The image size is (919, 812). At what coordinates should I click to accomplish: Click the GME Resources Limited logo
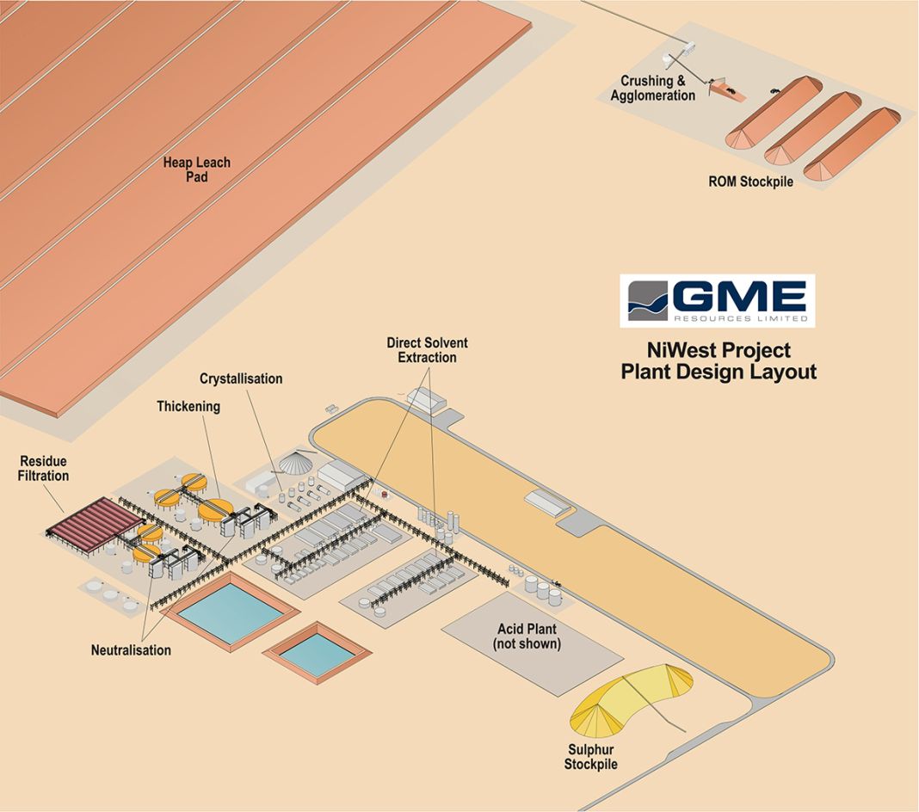click(718, 301)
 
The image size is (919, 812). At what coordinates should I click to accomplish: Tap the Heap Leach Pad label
click(197, 169)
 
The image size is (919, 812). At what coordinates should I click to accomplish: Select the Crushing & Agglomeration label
click(653, 89)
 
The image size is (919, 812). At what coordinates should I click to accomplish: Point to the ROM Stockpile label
click(750, 182)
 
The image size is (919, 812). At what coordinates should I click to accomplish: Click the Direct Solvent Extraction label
click(427, 350)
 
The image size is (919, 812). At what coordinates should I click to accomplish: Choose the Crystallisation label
click(241, 378)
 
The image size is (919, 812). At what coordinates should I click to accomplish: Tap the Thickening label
click(188, 407)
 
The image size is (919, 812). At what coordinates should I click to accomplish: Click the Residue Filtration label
click(43, 469)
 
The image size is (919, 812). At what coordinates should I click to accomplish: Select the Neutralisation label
click(131, 650)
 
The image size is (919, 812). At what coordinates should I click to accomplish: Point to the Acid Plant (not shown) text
click(527, 636)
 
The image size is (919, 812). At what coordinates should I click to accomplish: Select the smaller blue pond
click(317, 653)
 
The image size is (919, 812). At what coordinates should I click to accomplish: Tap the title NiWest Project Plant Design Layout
click(719, 361)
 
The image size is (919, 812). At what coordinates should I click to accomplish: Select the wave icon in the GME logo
click(648, 301)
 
